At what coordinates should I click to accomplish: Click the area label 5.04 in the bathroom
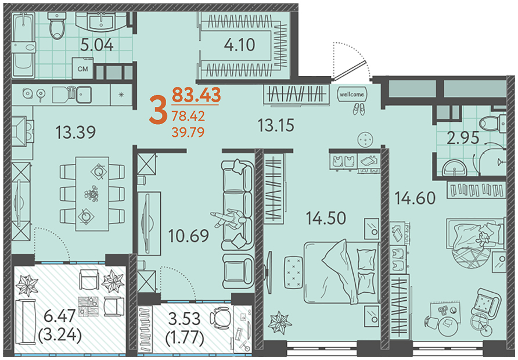pos(97,45)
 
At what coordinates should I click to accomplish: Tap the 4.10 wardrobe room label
pos(239,45)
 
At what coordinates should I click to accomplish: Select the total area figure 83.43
pos(196,95)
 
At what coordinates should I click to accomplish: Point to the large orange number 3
pos(157,110)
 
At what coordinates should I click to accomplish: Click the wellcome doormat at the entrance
pos(352,95)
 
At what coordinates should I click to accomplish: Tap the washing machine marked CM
pos(83,69)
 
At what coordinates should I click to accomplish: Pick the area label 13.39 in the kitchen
pos(75,132)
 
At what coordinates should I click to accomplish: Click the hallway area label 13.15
pos(276,125)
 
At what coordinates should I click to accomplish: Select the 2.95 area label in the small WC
pos(463,138)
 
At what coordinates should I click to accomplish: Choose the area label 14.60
pos(415,198)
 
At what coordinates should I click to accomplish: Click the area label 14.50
pos(326,218)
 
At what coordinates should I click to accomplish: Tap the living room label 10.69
pos(189,236)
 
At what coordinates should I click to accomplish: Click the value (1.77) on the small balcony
pos(184,337)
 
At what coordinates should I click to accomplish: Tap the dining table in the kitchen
pos(92,193)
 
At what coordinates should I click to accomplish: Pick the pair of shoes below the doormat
pos(359,109)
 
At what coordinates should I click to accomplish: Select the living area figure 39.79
pos(188,132)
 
